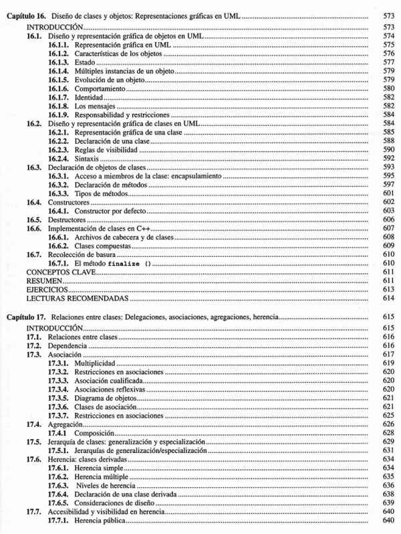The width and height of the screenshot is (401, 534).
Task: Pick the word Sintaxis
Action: pos(88,158)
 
